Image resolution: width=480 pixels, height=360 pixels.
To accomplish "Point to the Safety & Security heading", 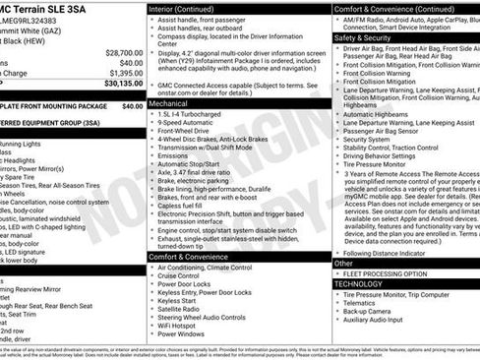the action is (x=366, y=37).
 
